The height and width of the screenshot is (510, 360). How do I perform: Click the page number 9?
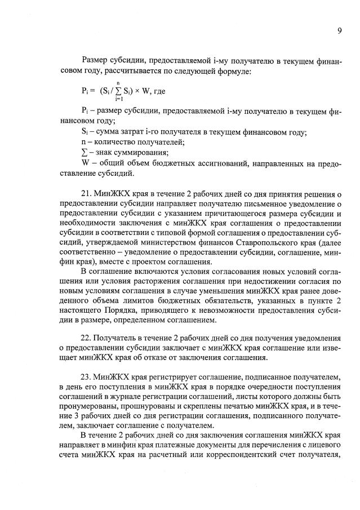click(339, 31)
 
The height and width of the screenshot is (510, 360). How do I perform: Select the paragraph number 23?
click(87, 376)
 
